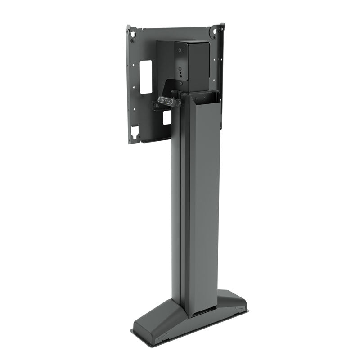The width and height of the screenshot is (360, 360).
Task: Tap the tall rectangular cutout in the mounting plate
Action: click(x=146, y=77)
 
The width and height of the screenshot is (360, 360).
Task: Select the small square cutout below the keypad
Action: click(x=166, y=117)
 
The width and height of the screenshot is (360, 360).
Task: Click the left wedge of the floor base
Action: click(x=151, y=322)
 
